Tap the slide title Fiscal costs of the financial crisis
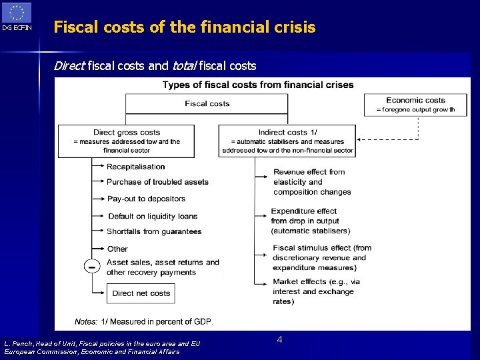coord(184,27)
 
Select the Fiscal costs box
coord(207,104)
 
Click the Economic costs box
coord(416,105)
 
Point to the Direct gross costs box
coord(127,141)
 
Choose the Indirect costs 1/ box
coord(287,141)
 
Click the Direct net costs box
coord(141,293)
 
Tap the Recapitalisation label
coord(136,167)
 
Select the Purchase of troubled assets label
coord(157,182)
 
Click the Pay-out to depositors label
coord(146,199)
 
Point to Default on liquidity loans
coord(153,216)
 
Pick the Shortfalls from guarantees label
coord(154,231)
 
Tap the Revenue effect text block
coord(312,181)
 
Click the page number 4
coord(279,340)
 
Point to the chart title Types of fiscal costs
coord(258,85)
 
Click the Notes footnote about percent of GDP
coord(144,321)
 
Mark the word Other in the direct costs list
coord(117,249)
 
